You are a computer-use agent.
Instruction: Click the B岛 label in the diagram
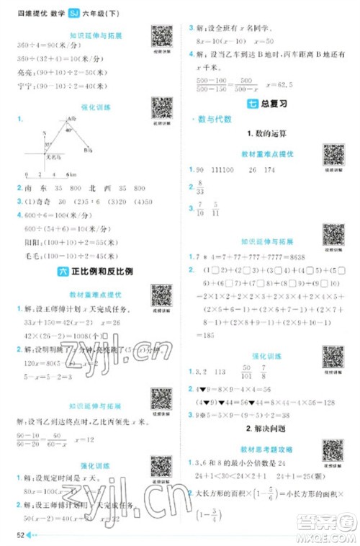[87, 151]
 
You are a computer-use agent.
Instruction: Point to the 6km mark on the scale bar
[71, 174]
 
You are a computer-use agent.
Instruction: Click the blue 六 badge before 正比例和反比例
[60, 271]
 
